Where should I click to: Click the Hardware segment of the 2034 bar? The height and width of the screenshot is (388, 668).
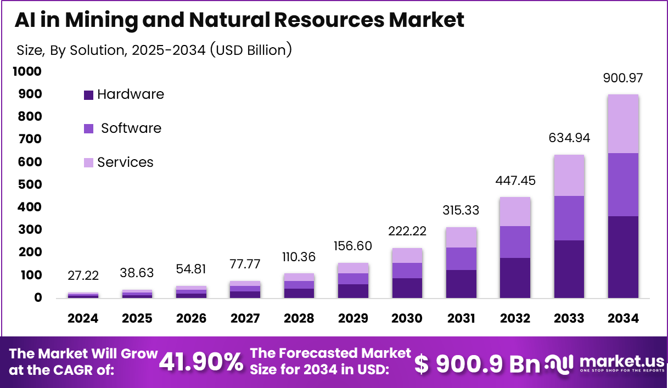(x=623, y=257)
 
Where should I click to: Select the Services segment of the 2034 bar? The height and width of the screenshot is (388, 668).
(x=623, y=124)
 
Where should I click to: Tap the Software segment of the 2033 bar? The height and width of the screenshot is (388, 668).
(x=569, y=218)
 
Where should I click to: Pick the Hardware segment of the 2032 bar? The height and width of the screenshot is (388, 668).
(x=515, y=278)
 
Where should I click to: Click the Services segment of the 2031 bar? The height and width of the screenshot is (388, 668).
(x=461, y=237)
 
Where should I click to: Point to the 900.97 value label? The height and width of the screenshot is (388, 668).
(x=623, y=78)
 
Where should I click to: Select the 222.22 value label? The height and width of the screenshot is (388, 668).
(x=407, y=232)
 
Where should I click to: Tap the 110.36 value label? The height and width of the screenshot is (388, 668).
(x=299, y=257)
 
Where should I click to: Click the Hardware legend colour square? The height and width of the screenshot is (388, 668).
(x=88, y=95)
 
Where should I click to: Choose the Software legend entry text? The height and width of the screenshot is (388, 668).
(x=131, y=128)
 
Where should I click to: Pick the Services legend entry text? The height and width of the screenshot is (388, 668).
(x=125, y=162)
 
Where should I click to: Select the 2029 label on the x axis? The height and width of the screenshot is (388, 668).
(x=353, y=318)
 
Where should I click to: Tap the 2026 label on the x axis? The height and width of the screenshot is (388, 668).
(x=191, y=318)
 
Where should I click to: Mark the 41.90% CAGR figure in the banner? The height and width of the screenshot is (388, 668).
(x=201, y=362)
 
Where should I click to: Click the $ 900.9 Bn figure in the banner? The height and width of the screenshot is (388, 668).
(x=478, y=363)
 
